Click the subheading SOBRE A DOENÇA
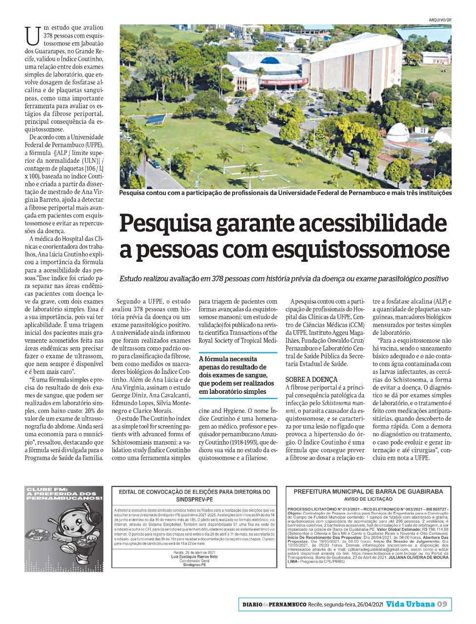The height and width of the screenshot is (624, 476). (311, 379)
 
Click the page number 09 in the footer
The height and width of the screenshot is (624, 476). (442, 604)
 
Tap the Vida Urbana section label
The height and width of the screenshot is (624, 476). (410, 604)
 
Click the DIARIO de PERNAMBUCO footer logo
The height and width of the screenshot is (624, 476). (274, 604)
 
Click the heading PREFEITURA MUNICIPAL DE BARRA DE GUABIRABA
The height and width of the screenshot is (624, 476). (368, 491)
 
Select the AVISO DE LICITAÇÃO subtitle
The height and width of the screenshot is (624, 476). (368, 499)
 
